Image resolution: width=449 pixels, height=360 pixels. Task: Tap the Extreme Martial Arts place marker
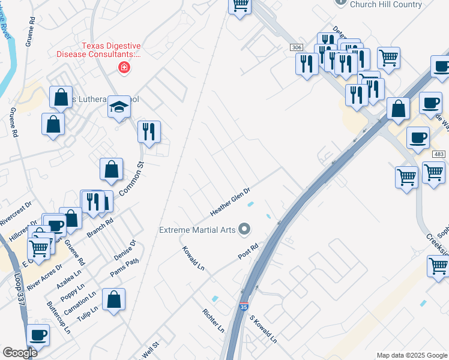(x=244, y=229)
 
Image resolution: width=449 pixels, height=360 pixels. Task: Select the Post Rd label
(x=247, y=251)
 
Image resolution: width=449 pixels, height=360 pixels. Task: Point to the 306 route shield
(x=295, y=47)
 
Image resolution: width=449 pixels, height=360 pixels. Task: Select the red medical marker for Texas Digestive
(x=124, y=67)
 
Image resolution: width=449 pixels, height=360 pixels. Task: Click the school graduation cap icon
(x=119, y=107)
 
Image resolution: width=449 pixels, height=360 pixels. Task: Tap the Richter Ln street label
(x=213, y=321)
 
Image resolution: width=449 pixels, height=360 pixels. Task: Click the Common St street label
(x=133, y=181)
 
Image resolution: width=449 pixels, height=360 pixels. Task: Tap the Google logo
(x=20, y=353)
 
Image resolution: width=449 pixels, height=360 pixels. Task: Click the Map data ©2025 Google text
(x=412, y=355)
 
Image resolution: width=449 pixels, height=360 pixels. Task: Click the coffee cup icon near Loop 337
(x=37, y=334)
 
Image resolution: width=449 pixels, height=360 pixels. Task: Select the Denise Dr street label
(x=125, y=250)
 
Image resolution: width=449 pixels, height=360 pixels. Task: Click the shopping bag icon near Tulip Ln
(x=113, y=299)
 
